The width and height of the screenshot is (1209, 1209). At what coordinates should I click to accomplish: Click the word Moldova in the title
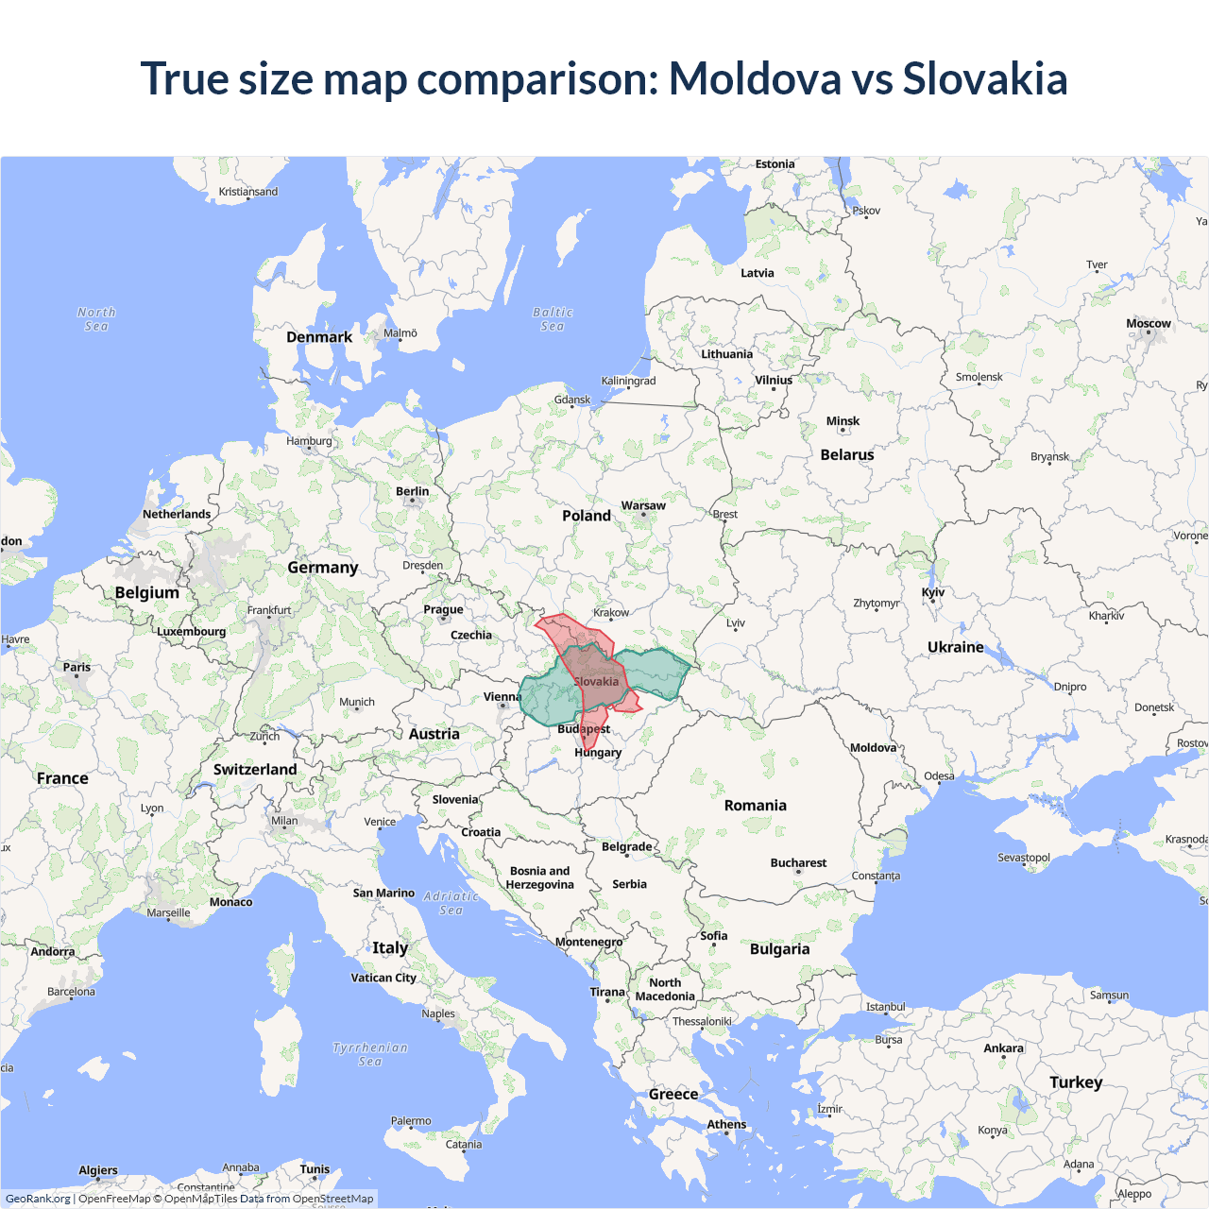pyautogui.click(x=755, y=78)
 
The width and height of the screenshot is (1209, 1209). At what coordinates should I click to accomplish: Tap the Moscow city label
pyautogui.click(x=1148, y=324)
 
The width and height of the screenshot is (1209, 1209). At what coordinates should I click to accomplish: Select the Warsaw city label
pyautogui.click(x=643, y=506)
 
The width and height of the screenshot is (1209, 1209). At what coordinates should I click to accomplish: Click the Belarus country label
pyautogui.click(x=847, y=455)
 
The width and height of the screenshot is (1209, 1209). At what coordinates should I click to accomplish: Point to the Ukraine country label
pyautogui.click(x=955, y=648)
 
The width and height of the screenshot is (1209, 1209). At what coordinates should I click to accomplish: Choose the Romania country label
pyautogui.click(x=755, y=806)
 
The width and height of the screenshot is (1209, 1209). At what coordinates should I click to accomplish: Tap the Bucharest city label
pyautogui.click(x=798, y=863)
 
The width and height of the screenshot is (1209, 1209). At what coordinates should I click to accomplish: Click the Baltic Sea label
pyautogui.click(x=553, y=319)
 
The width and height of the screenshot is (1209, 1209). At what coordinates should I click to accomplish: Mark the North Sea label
pyautogui.click(x=96, y=319)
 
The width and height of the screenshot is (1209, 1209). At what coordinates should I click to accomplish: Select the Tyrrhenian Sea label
pyautogui.click(x=370, y=1054)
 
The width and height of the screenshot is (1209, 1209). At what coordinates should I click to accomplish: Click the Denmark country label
pyautogui.click(x=319, y=337)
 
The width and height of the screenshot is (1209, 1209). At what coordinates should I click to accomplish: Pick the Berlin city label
pyautogui.click(x=412, y=492)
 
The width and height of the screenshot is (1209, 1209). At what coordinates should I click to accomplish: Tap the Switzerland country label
pyautogui.click(x=255, y=770)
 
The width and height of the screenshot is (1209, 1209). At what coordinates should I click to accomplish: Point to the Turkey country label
pyautogui.click(x=1076, y=1082)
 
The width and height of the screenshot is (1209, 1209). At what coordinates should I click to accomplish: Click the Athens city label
pyautogui.click(x=726, y=1125)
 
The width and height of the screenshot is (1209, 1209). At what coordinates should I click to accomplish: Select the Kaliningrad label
pyautogui.click(x=628, y=382)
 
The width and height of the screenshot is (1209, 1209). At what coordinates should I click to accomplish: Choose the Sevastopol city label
pyautogui.click(x=1024, y=858)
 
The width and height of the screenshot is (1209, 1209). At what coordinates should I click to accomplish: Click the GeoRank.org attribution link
pyautogui.click(x=38, y=1199)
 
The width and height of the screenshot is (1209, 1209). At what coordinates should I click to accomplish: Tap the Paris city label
pyautogui.click(x=77, y=668)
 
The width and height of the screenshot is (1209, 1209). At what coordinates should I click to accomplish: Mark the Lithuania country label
pyautogui.click(x=726, y=355)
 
